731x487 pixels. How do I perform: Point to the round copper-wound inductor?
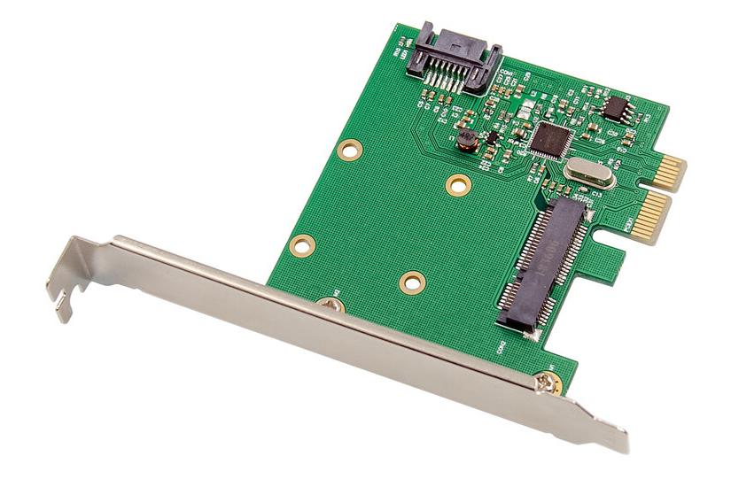(x=466, y=141)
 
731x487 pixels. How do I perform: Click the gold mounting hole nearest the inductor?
(x=457, y=184)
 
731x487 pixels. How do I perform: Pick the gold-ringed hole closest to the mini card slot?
(x=411, y=282)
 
